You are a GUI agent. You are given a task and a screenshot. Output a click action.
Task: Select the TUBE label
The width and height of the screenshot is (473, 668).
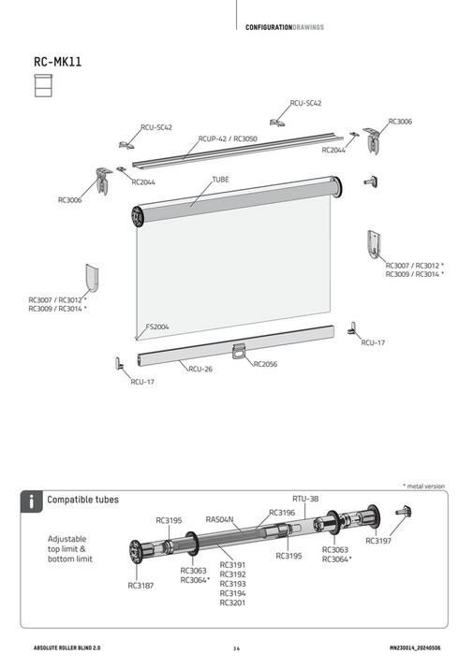pyautogui.click(x=220, y=178)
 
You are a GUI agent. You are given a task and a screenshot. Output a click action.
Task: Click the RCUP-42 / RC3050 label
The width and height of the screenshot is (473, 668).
pyautogui.click(x=228, y=138)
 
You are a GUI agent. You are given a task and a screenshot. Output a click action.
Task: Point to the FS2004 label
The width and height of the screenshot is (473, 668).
pyautogui.click(x=156, y=327)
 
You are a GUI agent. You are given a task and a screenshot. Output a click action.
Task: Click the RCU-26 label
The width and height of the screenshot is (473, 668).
pyautogui.click(x=200, y=370)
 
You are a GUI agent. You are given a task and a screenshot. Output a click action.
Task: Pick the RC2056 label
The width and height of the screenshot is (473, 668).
pyautogui.click(x=266, y=363)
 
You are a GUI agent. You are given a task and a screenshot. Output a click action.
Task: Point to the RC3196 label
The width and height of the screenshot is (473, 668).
pyautogui.click(x=282, y=512)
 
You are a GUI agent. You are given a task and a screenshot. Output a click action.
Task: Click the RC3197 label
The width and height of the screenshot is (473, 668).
pyautogui.click(x=378, y=541)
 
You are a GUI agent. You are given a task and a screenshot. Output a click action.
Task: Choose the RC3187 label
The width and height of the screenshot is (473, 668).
pyautogui.click(x=140, y=586)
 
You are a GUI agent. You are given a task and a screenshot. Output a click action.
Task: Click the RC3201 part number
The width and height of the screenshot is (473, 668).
pyautogui.click(x=232, y=603)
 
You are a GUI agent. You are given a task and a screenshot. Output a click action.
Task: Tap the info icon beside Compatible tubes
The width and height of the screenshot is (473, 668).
pyautogui.click(x=32, y=501)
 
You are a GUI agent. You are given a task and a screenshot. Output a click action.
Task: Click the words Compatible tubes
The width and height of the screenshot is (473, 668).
pyautogui.click(x=83, y=501)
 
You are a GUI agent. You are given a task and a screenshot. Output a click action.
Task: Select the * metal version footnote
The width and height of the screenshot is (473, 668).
pyautogui.click(x=423, y=486)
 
